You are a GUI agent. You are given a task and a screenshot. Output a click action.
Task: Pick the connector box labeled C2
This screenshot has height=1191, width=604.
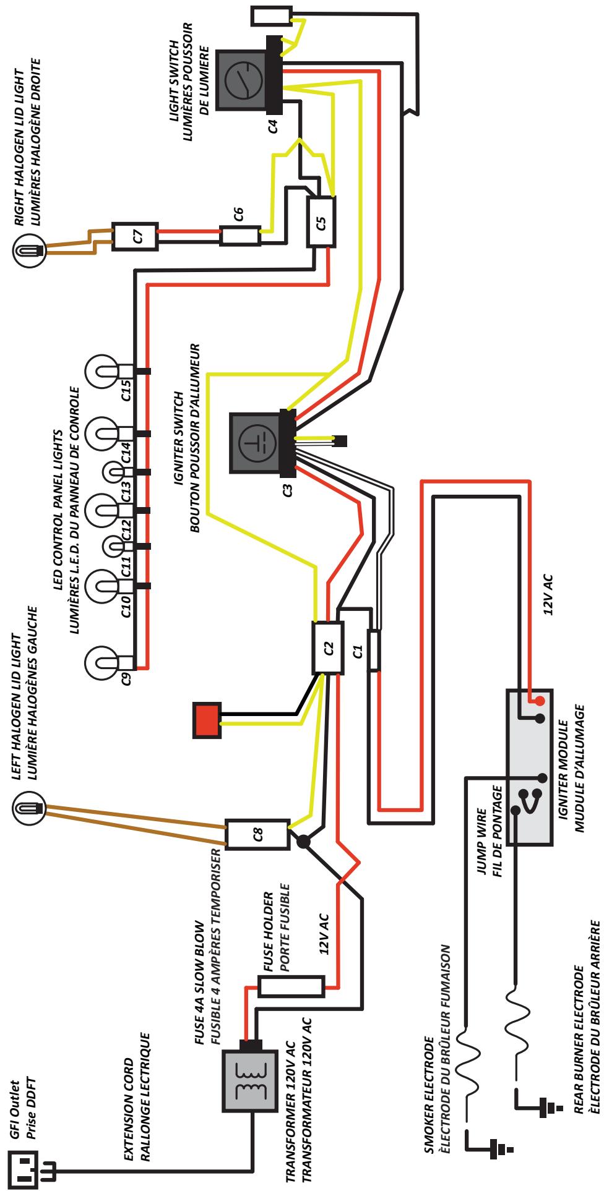329,647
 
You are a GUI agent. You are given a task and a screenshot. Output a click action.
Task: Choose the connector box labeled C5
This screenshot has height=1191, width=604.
322,222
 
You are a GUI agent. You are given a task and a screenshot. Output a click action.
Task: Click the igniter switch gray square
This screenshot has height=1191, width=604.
254,437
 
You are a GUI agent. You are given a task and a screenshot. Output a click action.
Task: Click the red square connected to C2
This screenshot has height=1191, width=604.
207,720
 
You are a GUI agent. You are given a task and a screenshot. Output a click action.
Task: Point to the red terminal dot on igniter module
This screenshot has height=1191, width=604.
540,701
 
